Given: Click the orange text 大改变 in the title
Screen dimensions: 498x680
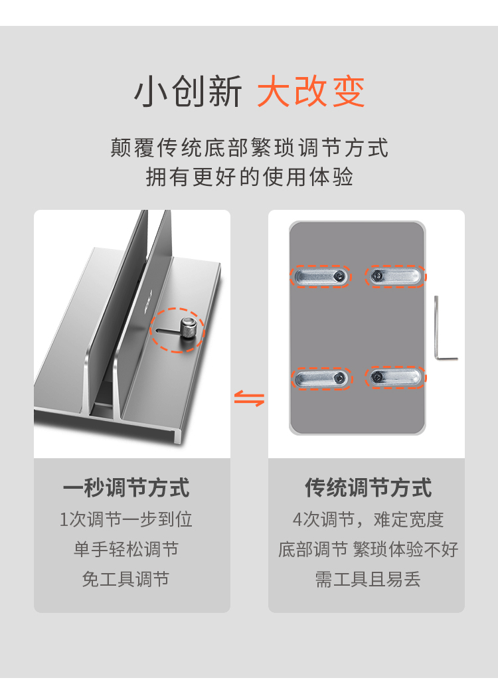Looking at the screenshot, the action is pos(311,91).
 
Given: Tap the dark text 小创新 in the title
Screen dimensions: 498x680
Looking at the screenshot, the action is pos(188,91).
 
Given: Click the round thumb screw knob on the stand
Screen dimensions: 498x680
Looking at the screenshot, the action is pos(190,329).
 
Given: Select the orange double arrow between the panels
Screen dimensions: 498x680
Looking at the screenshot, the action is pos(250,398).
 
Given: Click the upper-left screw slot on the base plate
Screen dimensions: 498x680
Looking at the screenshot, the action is pos(321,276).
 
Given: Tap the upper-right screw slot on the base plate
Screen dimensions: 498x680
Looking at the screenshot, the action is pos(395,276).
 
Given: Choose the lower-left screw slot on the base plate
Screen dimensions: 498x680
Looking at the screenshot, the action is pos(321,378).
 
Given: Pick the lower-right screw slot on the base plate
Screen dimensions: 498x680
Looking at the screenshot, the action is pos(396,377).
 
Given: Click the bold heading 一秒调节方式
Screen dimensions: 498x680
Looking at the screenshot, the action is pos(126,487).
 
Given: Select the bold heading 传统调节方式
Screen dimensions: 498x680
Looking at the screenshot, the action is pos(368,487).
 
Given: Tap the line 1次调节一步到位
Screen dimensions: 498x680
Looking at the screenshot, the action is pos(125,519).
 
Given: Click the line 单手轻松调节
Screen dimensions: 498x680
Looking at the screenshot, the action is pos(125,549).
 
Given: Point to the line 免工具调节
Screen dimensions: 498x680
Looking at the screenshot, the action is pos(125,579).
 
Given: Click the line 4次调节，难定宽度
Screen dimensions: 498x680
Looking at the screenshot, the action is pos(368,519).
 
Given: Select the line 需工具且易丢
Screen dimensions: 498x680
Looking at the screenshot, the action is pos(368,579).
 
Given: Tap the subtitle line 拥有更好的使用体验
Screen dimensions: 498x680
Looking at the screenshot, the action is pos(249,177).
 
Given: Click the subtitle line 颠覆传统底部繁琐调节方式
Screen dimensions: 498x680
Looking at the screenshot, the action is pos(249,147).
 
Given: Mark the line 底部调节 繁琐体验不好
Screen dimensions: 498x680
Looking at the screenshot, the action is pos(368,549).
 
